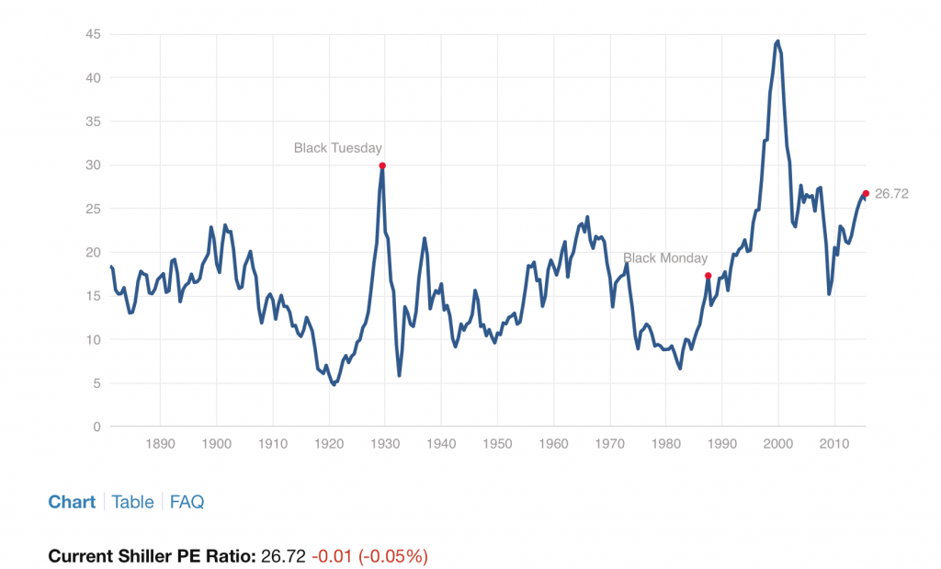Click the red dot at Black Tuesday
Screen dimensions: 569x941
coord(382,165)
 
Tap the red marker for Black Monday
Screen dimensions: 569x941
coord(708,276)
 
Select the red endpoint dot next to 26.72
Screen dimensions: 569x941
coord(866,193)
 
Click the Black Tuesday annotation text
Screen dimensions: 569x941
coord(337,148)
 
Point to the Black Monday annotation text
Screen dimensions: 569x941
coord(665,258)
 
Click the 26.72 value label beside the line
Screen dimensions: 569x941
coord(891,194)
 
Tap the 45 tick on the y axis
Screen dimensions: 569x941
coord(93,35)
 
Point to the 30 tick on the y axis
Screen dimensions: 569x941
coord(93,165)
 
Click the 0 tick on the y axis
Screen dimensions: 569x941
coord(96,427)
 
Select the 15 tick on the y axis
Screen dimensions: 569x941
coord(93,296)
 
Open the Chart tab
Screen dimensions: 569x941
coord(72,502)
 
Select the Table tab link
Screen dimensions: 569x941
coord(132,502)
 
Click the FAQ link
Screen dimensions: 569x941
coord(187,502)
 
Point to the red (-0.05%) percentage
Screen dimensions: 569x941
coord(393,556)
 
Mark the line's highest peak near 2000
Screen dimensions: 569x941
coord(778,40)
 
